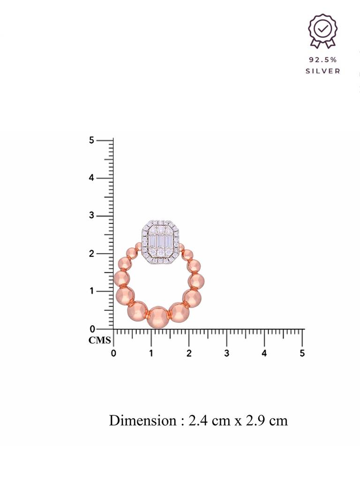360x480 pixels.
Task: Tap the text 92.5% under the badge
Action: pos(322,60)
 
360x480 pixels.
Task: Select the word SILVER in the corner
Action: pos(323,71)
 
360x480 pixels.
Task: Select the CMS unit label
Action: pos(100,340)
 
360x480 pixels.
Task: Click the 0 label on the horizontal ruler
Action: pos(113,353)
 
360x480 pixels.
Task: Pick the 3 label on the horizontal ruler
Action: pos(227,353)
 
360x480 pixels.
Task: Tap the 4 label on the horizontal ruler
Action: pos(264,353)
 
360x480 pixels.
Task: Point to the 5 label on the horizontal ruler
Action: pos(302,353)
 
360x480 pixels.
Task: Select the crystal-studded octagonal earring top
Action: pos(161,242)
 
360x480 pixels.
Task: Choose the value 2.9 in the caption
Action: pos(254,420)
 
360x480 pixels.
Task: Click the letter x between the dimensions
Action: pos(238,421)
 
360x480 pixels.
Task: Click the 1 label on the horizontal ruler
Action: pos(151,353)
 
